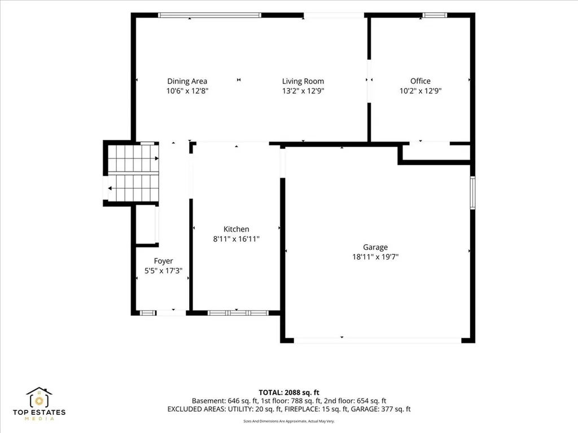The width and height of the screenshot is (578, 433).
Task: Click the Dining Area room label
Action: [x=187, y=81]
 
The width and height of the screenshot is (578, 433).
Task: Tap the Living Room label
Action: [x=303, y=81]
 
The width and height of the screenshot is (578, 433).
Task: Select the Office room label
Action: [x=420, y=81]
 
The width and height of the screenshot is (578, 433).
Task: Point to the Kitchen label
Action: [x=237, y=229]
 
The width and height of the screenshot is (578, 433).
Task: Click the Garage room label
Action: [x=375, y=248]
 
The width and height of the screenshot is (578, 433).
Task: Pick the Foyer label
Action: [x=163, y=261]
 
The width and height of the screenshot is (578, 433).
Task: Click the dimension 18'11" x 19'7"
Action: [x=375, y=257]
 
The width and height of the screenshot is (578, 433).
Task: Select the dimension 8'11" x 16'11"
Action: [x=237, y=239]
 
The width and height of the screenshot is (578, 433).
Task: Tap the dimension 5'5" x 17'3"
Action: [x=163, y=271]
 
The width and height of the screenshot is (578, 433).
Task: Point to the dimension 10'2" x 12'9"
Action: [x=420, y=91]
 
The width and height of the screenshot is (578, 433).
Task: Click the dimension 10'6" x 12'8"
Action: [x=187, y=91]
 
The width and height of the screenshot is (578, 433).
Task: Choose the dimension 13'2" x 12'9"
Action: [x=303, y=91]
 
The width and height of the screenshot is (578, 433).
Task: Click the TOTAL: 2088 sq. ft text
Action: [x=289, y=392]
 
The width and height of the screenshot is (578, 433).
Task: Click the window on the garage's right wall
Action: [x=472, y=193]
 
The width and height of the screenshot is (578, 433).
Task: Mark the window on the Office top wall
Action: [x=435, y=15]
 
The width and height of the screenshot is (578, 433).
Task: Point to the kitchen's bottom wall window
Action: [x=238, y=313]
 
